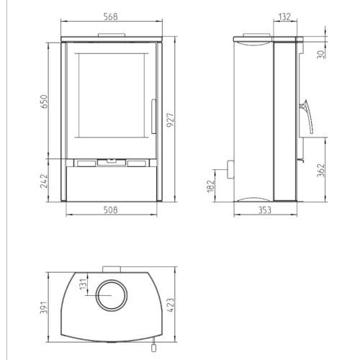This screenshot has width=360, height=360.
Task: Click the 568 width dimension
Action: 111,17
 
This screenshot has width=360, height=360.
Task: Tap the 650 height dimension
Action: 45,102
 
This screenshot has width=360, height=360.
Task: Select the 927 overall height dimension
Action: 170,120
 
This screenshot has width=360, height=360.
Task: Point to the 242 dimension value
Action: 45,181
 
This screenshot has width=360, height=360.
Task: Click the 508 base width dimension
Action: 111,210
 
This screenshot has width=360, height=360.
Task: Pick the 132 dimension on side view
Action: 284,17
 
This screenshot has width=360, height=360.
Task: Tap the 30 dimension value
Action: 321,54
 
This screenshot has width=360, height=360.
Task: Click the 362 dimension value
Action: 321,171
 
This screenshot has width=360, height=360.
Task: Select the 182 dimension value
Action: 210,186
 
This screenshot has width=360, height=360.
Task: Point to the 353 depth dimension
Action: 265,210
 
